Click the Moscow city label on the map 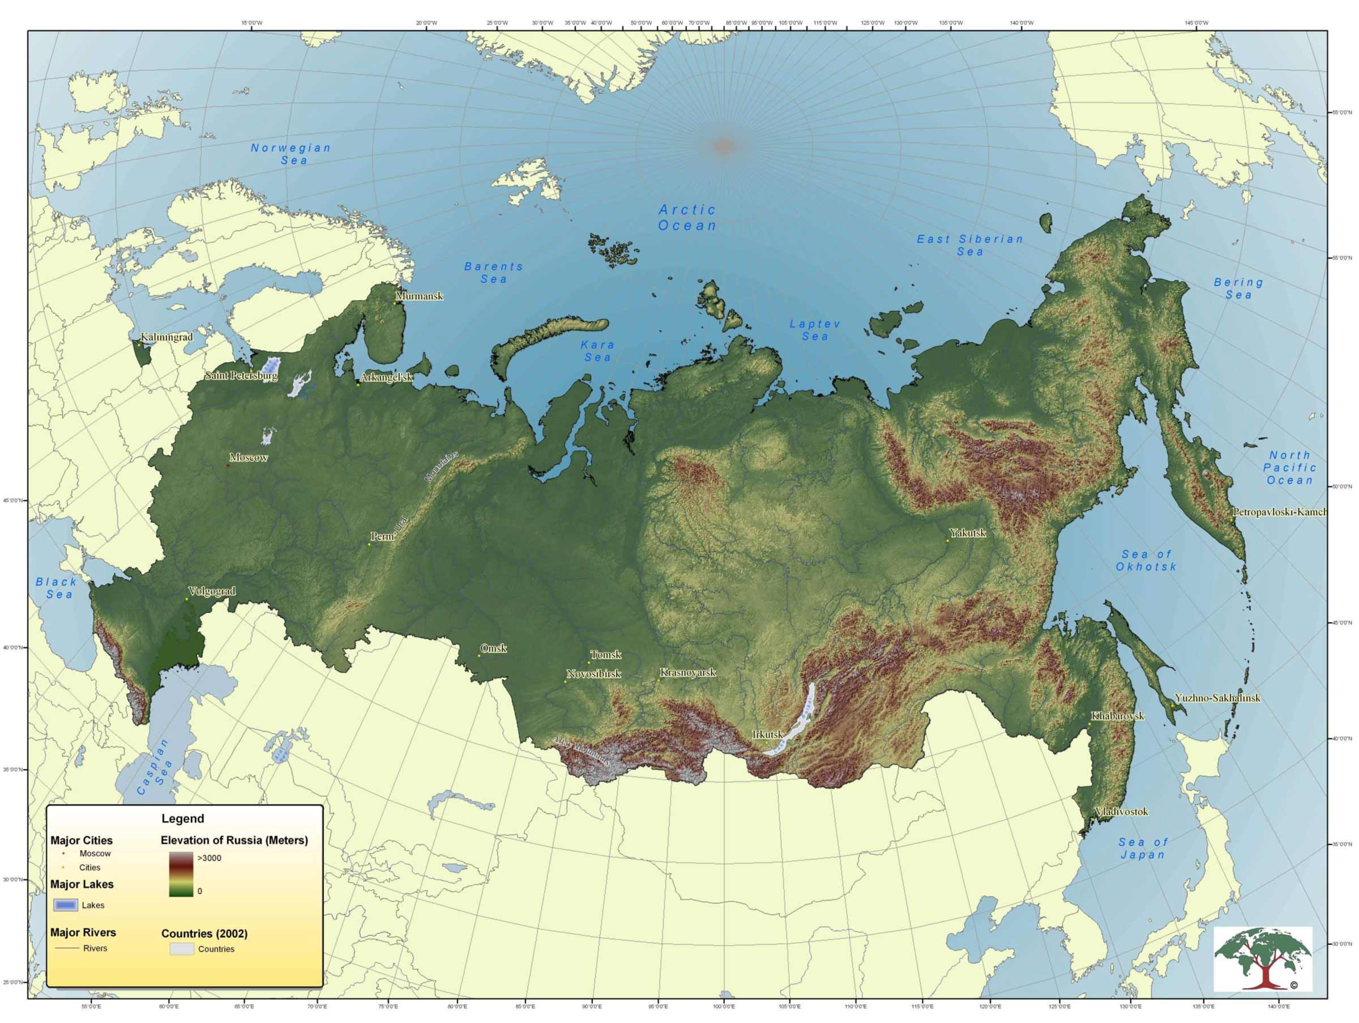(249, 457)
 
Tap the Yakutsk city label (968, 533)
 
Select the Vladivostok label (1121, 812)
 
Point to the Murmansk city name (419, 296)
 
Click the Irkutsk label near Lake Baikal (767, 735)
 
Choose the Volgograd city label (212, 592)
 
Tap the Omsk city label (493, 648)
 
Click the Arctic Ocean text (687, 218)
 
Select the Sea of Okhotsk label (1146, 561)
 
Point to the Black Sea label (57, 588)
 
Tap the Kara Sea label (597, 351)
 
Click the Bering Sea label (1238, 288)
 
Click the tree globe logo (1263, 959)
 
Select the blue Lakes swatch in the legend (66, 905)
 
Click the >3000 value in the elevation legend (209, 858)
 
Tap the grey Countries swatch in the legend (182, 949)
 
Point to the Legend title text (182, 819)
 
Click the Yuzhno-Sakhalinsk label (1217, 698)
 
